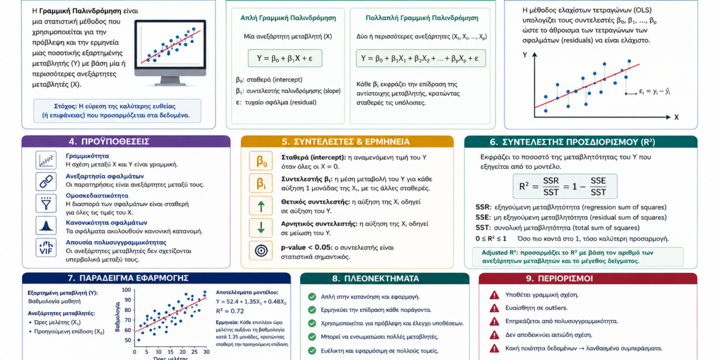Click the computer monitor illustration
point(170,52)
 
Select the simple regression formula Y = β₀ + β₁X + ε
point(285,58)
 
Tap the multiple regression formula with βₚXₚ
point(420,58)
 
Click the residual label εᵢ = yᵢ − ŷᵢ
point(654,92)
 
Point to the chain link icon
point(46,182)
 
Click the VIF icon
point(46,248)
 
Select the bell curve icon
point(46,226)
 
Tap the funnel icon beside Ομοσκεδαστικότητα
point(46,203)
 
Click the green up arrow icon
point(260,206)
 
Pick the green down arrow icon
point(260,228)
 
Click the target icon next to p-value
point(260,250)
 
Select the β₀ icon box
point(260,161)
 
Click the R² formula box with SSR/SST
point(565,186)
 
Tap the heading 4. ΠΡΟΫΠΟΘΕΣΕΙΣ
point(109,142)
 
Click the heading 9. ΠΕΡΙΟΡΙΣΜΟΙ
point(559,278)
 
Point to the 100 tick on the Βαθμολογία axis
point(127,290)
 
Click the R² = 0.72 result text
point(230,311)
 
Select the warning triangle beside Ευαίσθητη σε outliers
point(494,308)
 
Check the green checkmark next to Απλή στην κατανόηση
point(312,296)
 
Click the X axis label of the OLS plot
point(676,118)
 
